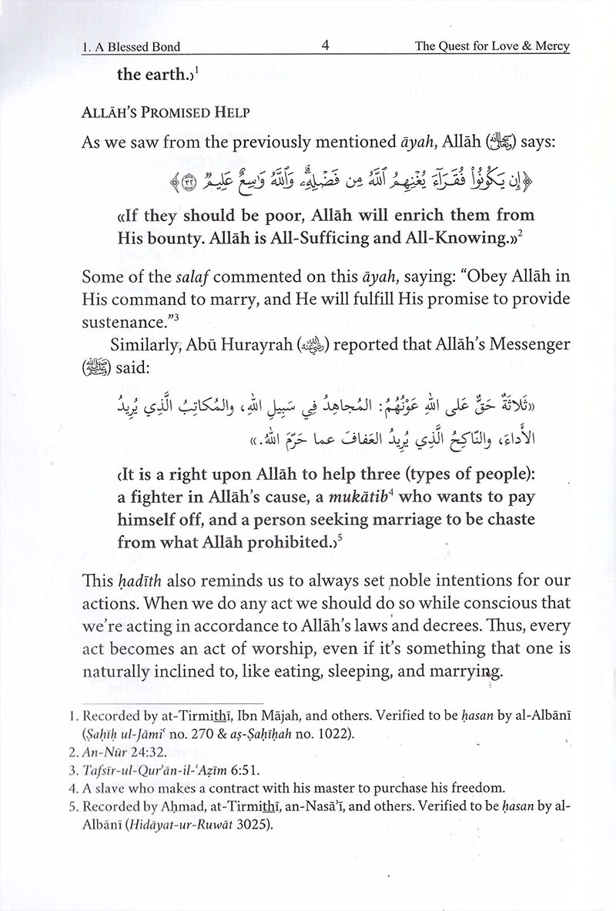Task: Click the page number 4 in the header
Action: point(326,45)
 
